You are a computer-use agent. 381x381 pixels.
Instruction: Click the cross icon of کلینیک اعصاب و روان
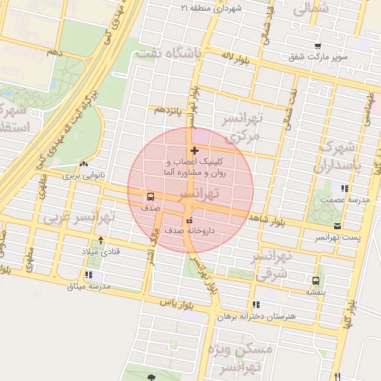[195, 151]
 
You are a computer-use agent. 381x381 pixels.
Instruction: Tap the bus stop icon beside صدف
[151, 197]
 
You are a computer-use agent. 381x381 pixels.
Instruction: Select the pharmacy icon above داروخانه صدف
[188, 220]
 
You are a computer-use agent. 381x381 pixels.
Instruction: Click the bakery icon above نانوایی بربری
[83, 164]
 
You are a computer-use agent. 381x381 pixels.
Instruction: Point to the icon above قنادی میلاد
[101, 240]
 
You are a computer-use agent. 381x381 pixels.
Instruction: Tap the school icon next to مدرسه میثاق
[89, 275]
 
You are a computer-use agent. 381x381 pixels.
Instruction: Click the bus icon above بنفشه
[316, 281]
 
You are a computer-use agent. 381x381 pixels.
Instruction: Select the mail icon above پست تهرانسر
[338, 225]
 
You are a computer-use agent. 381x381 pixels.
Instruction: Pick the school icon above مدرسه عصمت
[343, 188]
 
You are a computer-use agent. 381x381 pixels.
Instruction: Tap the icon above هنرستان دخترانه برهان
[256, 304]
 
